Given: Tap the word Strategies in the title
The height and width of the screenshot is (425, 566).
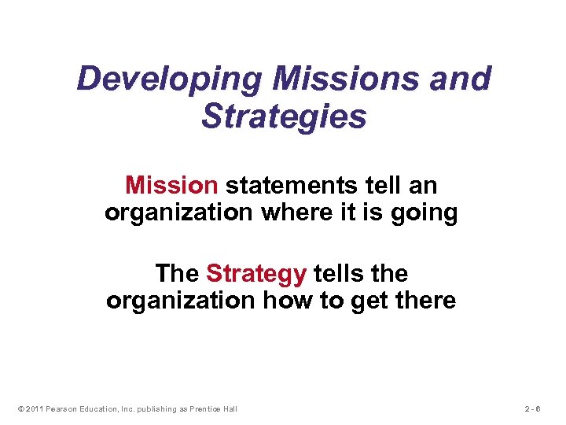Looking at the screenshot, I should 284,116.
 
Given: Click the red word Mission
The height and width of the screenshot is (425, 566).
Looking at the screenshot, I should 171,186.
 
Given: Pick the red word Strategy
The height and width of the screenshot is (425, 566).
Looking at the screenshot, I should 256,274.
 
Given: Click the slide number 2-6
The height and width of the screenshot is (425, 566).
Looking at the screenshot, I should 535,408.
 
